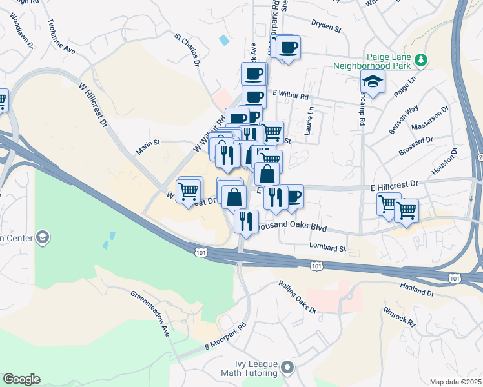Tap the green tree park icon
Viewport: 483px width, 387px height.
421,60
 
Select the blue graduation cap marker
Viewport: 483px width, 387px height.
373,83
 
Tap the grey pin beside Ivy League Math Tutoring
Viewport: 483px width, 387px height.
287,369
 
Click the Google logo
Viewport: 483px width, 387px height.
21,379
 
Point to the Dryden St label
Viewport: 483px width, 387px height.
325,27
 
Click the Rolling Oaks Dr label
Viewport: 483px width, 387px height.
297,297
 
